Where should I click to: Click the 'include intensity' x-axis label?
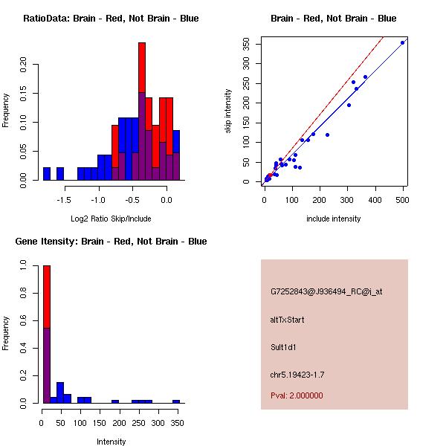[x=334, y=219]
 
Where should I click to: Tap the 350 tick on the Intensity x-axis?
[x=176, y=423]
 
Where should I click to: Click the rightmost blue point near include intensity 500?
[x=403, y=42]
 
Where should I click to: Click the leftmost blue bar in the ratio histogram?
[x=47, y=174]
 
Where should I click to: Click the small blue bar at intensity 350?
[x=176, y=401]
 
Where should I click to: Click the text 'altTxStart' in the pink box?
[x=288, y=320]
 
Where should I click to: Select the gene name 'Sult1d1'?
[x=283, y=347]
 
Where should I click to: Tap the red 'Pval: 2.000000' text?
[x=297, y=395]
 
